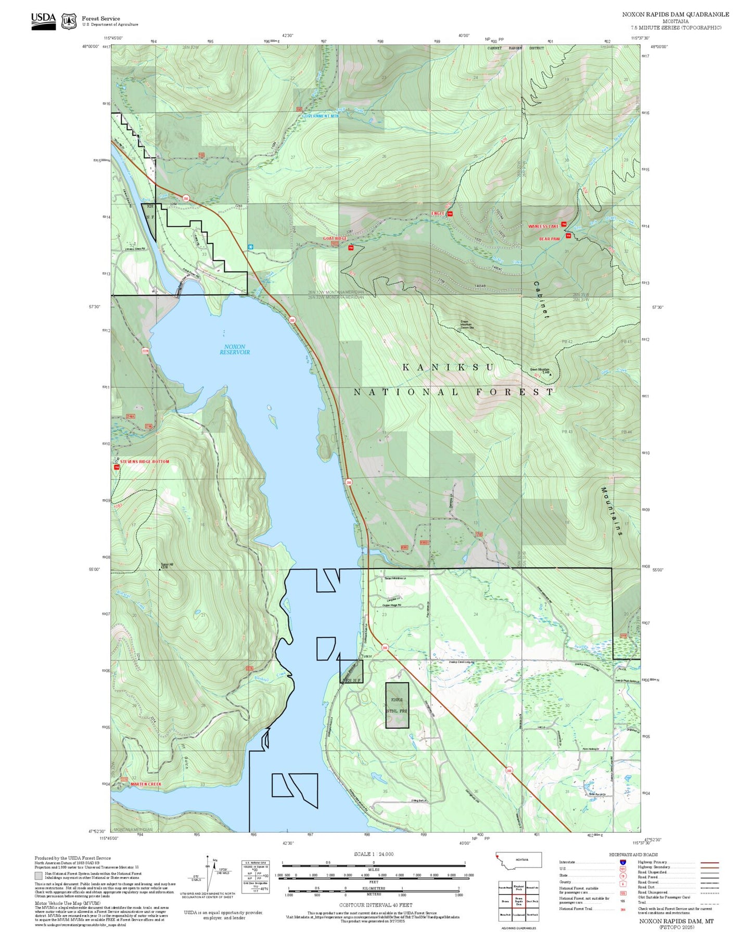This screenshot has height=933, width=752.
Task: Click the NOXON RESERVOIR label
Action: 234,349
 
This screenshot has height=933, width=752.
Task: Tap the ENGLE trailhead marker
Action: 450,214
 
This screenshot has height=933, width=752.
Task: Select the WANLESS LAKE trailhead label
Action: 543,226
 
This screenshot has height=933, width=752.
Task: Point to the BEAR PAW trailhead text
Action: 549,239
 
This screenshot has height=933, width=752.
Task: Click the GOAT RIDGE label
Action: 334,238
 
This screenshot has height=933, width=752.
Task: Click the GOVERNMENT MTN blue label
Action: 320,116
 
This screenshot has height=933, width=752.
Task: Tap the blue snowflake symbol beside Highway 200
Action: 250,246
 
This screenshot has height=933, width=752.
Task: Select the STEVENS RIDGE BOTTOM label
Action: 144,461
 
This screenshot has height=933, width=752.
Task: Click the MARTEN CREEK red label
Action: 146,784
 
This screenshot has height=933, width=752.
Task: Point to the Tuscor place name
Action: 367,656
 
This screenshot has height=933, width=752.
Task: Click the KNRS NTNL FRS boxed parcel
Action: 397,705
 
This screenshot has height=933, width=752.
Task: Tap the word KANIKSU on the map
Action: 448,368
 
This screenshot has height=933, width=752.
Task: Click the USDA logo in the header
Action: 43,21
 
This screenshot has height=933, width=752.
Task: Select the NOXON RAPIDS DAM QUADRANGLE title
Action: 675,15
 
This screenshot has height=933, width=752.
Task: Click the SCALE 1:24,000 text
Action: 373,854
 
